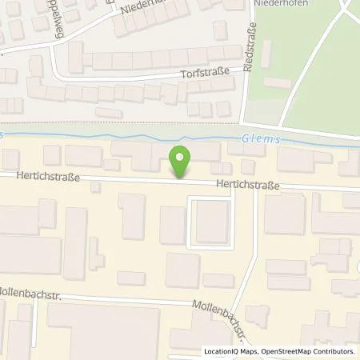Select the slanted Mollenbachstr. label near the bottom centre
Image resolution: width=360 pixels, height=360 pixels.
(x=220, y=307)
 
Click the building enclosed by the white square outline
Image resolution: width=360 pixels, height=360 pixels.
(x=210, y=223)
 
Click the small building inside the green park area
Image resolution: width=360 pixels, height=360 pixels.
(x=277, y=82)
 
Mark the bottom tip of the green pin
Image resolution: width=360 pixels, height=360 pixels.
(x=182, y=176)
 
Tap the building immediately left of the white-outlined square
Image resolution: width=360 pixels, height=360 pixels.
(x=171, y=224)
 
